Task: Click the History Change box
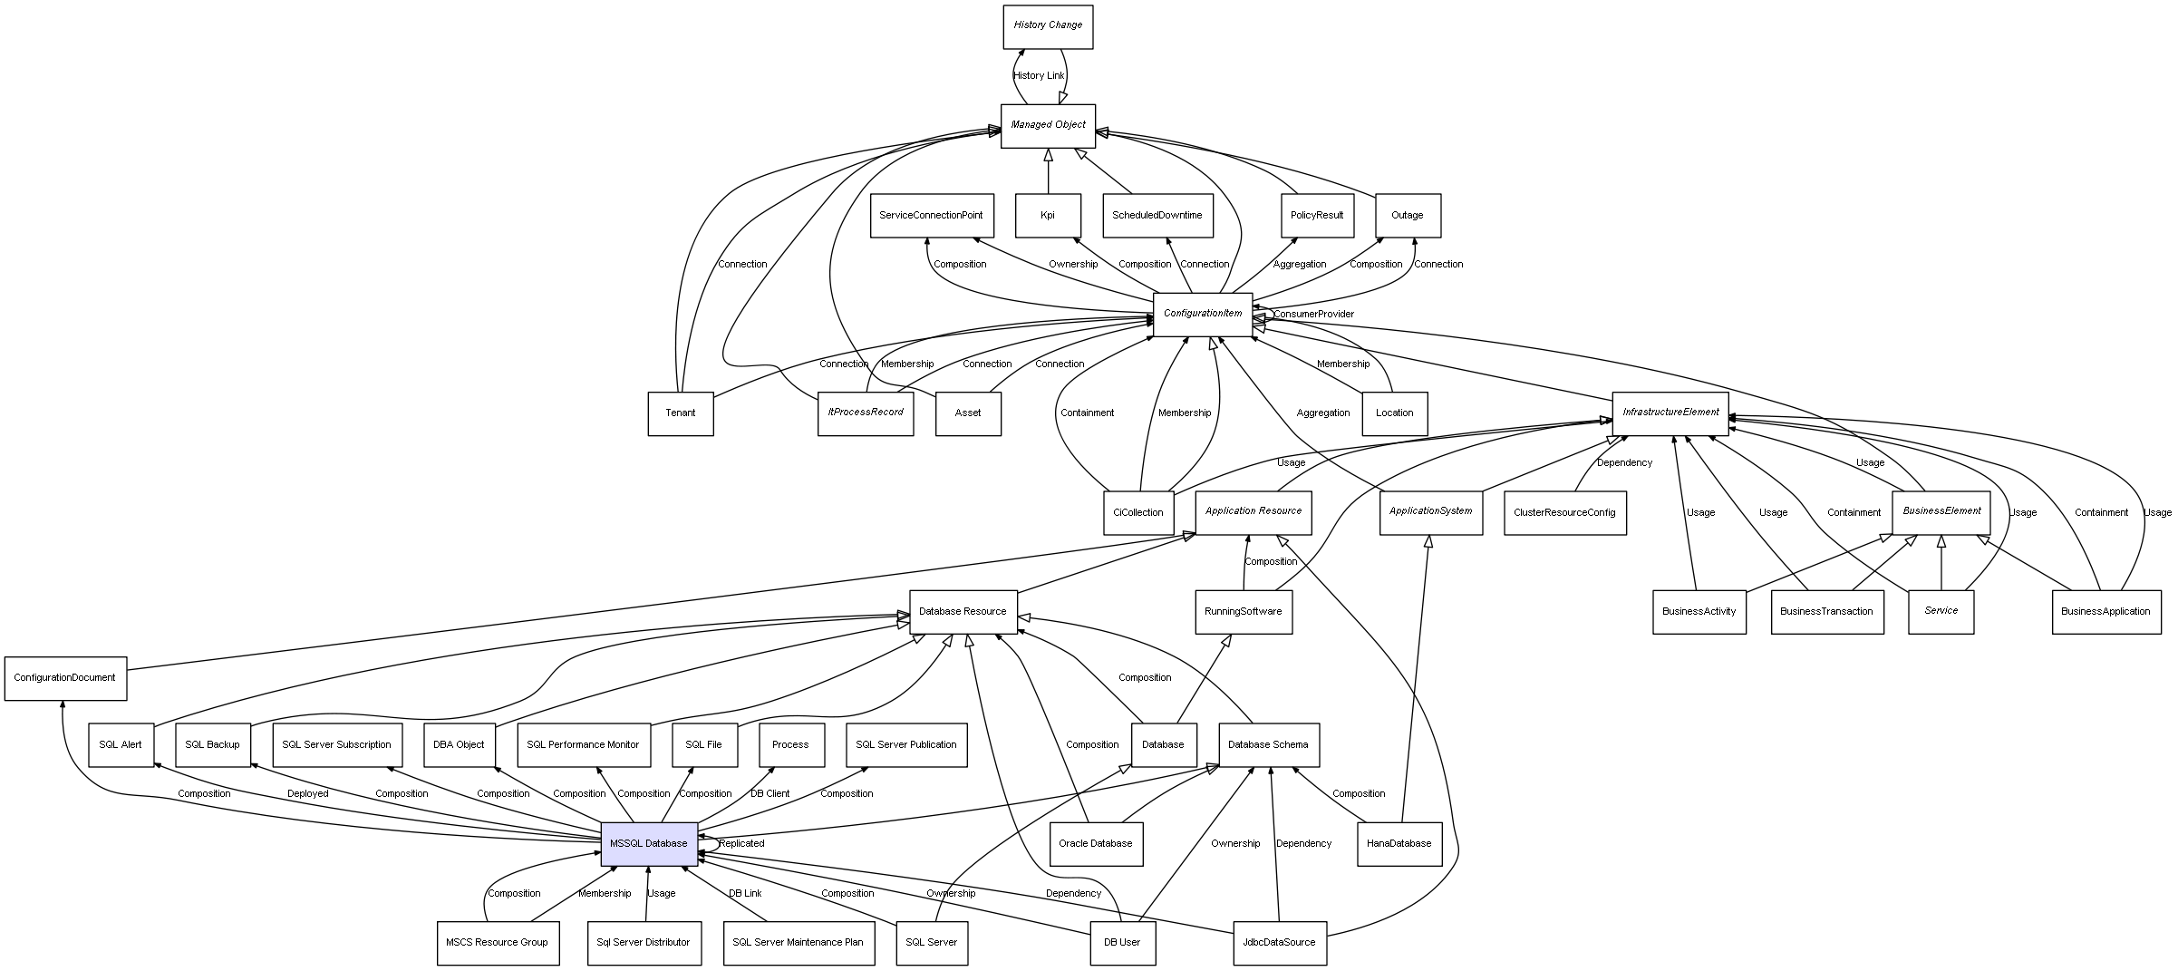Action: point(1048,26)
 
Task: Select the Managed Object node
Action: point(1048,125)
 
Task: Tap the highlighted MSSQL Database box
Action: point(649,844)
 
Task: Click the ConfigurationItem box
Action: point(1203,314)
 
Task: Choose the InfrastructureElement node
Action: point(1670,413)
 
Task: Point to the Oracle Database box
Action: point(1096,844)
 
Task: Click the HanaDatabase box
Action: point(1399,844)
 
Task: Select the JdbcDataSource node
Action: point(1280,943)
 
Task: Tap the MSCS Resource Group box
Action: point(497,943)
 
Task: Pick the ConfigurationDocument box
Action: point(65,678)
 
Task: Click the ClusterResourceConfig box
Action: point(1564,513)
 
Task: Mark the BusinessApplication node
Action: point(2105,612)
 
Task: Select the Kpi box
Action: point(1048,216)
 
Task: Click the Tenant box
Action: point(681,413)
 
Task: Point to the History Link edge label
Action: point(1039,76)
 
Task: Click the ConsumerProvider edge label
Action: point(1313,315)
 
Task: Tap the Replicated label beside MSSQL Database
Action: point(741,844)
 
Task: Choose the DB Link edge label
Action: point(745,894)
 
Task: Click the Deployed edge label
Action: point(308,794)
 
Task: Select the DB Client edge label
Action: point(770,794)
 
